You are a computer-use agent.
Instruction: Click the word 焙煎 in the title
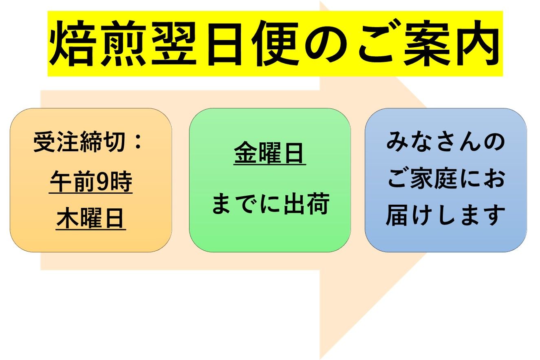(x=98, y=43)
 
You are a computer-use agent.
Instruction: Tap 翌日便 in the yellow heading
(x=225, y=43)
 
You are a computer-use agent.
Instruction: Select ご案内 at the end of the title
(x=429, y=43)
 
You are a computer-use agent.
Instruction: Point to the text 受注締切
(x=79, y=142)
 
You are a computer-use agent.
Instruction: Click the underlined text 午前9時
(x=91, y=181)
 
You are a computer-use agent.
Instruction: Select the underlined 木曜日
(x=90, y=219)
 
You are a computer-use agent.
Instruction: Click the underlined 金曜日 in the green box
(x=269, y=152)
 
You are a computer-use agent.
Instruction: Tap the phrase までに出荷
(x=270, y=204)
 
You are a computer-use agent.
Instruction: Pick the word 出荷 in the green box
(x=306, y=204)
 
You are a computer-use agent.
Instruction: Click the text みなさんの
(x=445, y=141)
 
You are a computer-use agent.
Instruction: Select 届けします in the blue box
(x=445, y=215)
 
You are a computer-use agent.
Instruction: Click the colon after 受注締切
(x=138, y=142)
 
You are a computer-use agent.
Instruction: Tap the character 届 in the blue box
(x=398, y=215)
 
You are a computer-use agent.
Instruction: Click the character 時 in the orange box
(x=121, y=181)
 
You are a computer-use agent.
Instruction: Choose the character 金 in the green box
(x=245, y=152)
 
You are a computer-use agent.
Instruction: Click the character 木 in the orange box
(x=68, y=219)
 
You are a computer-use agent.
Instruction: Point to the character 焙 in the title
(x=72, y=43)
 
